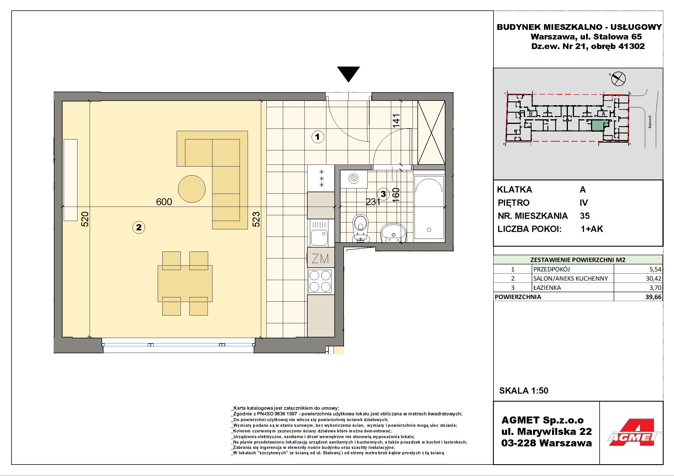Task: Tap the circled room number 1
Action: [317, 137]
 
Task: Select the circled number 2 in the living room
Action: [139, 227]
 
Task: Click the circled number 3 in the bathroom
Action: [383, 194]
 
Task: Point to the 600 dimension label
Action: [164, 202]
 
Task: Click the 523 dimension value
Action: [256, 219]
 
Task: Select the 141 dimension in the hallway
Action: [396, 121]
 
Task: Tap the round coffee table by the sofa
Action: [192, 189]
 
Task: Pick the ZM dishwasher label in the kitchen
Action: [320, 258]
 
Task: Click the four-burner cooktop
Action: [320, 281]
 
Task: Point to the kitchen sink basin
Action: [319, 237]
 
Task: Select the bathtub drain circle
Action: [429, 230]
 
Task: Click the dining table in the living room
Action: [185, 284]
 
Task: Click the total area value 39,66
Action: [654, 297]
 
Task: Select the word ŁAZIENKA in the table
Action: [547, 288]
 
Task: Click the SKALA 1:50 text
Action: [524, 391]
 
